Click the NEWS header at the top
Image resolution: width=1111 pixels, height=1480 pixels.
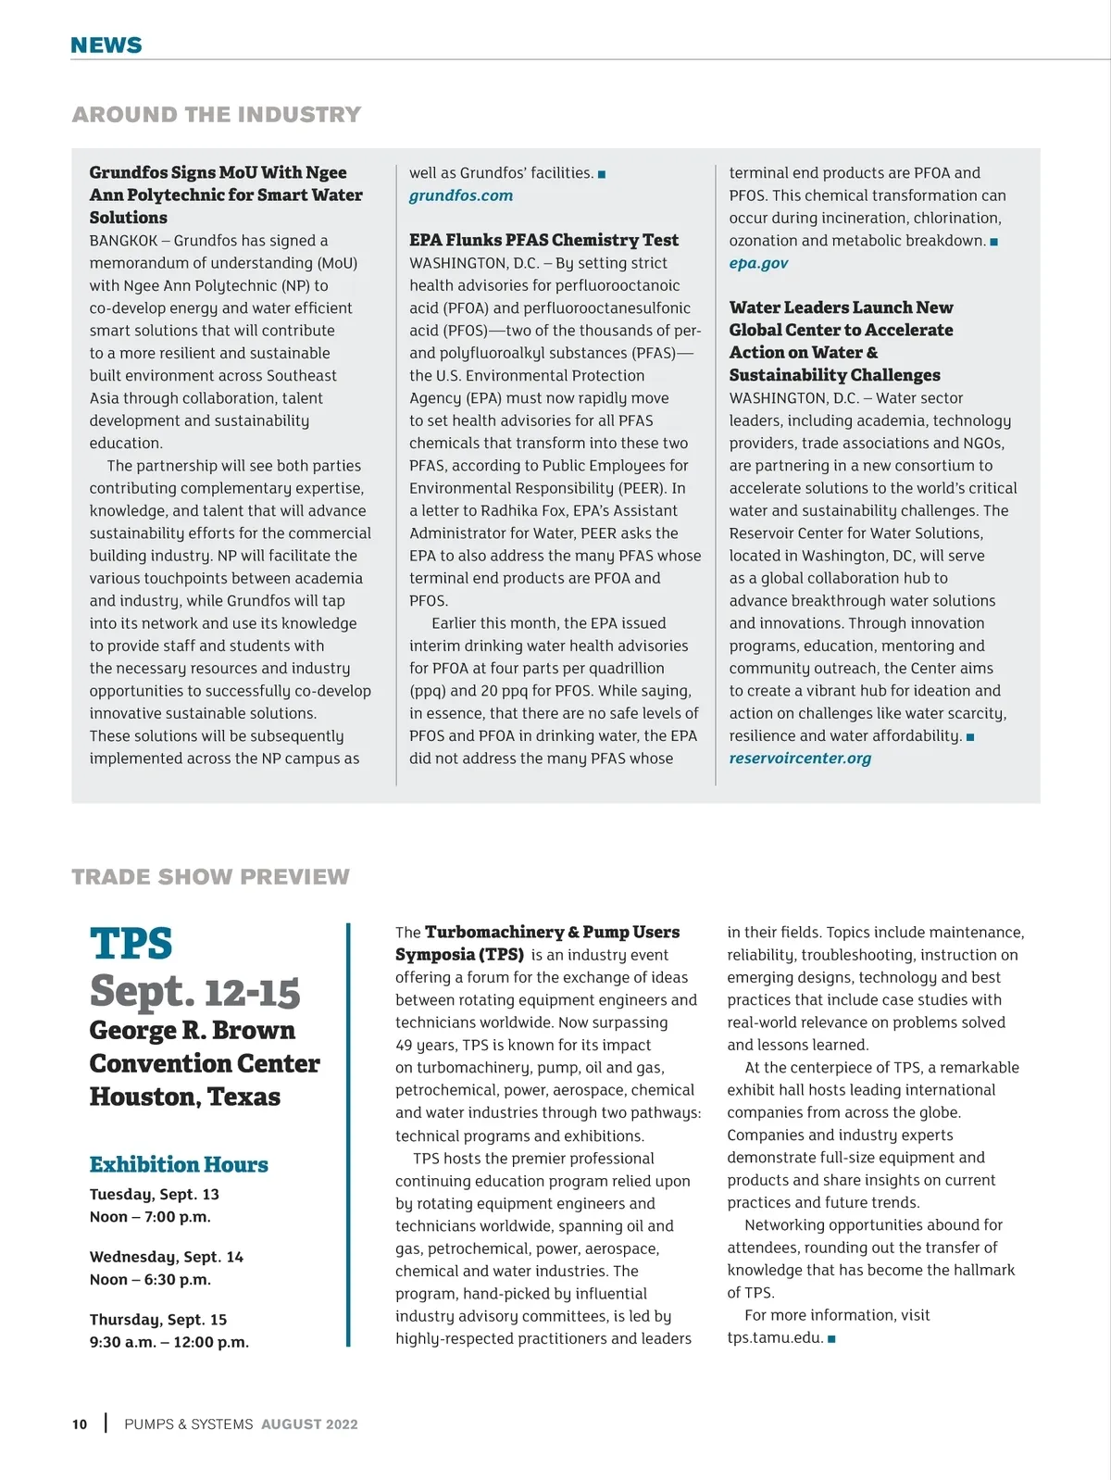point(106,45)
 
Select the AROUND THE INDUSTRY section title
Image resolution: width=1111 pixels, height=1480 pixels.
point(217,115)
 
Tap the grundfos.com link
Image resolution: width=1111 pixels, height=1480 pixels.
point(461,195)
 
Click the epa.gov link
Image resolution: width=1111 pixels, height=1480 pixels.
point(758,263)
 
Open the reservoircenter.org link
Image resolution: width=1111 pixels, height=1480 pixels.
point(800,759)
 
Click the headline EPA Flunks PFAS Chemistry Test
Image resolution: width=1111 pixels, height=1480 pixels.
point(543,240)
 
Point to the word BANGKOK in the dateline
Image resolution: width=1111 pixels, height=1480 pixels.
point(123,241)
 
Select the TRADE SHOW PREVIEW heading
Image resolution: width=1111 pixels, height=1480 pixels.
point(211,877)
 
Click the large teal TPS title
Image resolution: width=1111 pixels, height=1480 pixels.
point(131,944)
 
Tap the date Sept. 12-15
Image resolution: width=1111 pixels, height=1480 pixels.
point(195,992)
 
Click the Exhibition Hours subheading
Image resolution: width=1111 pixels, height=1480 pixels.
point(179,1164)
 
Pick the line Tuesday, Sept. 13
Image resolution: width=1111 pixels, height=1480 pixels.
point(155,1195)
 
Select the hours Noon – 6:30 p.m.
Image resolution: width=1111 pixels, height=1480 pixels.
point(150,1280)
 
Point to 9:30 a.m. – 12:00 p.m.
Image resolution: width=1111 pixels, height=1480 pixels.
point(169,1342)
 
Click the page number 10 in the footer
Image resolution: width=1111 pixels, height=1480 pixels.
point(80,1424)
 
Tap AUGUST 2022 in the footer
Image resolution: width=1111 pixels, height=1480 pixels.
point(309,1424)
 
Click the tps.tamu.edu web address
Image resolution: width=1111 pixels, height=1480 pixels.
point(775,1337)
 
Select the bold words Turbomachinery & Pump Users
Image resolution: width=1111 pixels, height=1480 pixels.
point(552,932)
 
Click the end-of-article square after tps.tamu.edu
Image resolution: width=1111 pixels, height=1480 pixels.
point(831,1338)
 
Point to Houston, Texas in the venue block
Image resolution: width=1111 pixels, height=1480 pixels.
point(185,1097)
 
